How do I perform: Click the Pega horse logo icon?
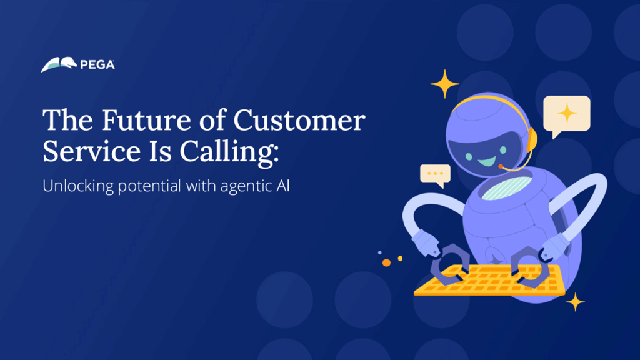[59, 64]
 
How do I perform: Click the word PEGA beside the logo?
[97, 65]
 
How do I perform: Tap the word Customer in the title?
[299, 120]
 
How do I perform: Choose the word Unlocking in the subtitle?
[78, 186]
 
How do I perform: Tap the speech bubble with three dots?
[436, 174]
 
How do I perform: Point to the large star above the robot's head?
[445, 84]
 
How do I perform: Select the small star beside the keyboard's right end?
[576, 302]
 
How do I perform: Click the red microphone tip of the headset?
[501, 166]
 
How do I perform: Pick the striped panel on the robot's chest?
[507, 188]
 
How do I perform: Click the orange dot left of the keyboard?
[386, 263]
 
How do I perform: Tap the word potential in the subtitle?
[149, 186]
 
